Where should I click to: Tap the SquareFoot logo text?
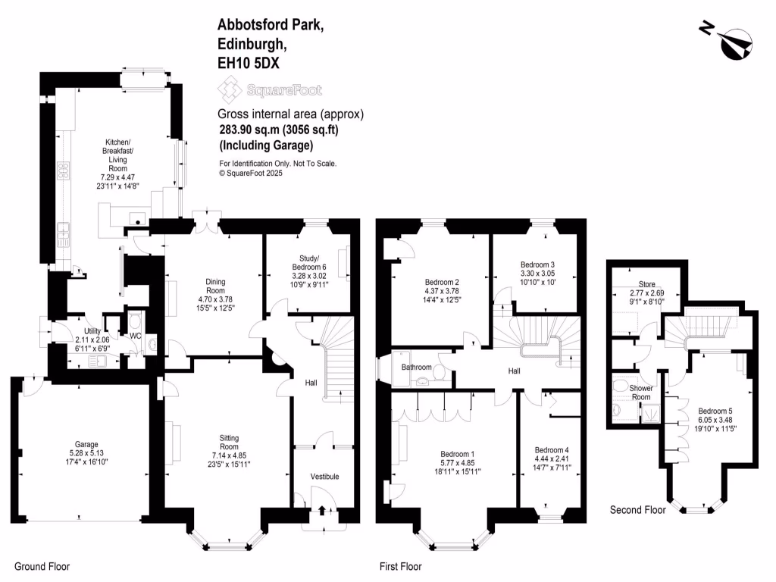(x=283, y=90)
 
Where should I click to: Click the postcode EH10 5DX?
(x=249, y=65)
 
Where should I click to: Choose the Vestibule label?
(x=325, y=476)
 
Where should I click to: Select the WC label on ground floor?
(x=136, y=336)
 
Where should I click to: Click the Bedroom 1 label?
(x=457, y=452)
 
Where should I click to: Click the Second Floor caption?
(x=637, y=510)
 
